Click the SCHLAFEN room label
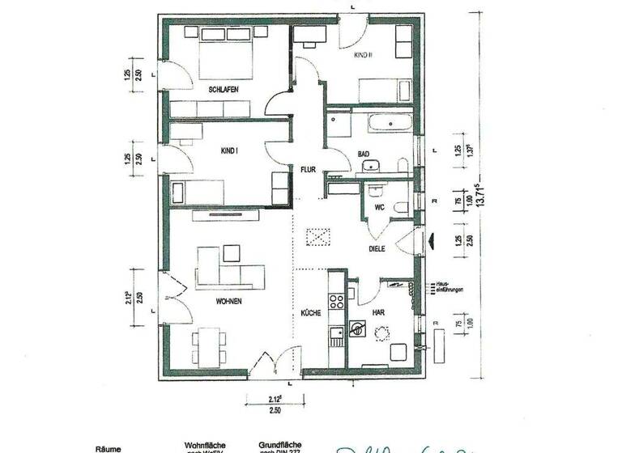click(223, 89)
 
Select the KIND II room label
click(362, 55)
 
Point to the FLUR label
click(309, 170)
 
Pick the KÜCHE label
click(311, 312)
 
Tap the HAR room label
click(377, 312)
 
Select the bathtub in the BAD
click(390, 124)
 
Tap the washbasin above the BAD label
click(371, 167)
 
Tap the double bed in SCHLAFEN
click(217, 49)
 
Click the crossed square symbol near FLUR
click(318, 237)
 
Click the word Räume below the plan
click(109, 447)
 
